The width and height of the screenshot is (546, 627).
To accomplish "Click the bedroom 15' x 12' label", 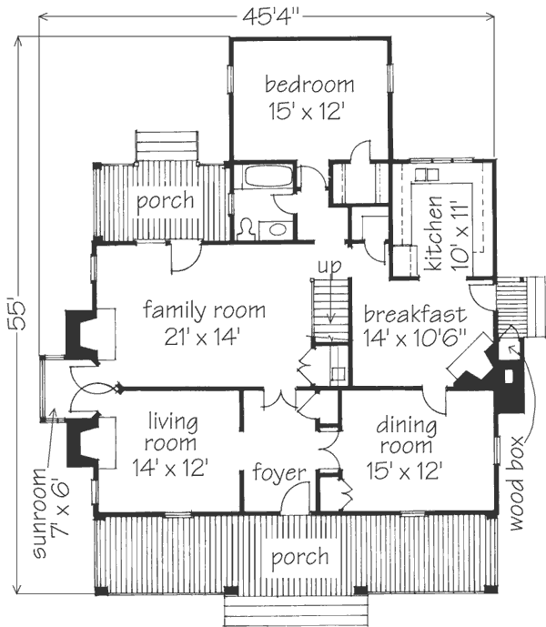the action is click(309, 99).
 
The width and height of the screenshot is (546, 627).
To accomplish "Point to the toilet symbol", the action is click(247, 229).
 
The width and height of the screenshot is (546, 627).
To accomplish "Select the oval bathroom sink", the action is click(278, 229).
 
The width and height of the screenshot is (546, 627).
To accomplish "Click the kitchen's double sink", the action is click(427, 175).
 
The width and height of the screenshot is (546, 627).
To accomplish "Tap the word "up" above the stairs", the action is click(330, 266).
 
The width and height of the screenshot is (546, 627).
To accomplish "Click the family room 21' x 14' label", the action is click(204, 323).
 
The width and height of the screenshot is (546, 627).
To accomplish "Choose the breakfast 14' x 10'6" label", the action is click(415, 327).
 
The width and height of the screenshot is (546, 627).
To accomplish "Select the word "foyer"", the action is click(278, 472).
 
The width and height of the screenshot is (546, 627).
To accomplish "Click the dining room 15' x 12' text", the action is click(405, 449).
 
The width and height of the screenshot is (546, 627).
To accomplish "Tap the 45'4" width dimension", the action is click(271, 17).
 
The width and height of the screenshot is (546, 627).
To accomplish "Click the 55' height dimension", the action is click(17, 315).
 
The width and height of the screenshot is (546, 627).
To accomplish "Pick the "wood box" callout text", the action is click(516, 484).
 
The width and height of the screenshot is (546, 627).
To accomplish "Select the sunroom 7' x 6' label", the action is click(50, 513).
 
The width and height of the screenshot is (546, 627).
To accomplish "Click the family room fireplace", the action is click(82, 337).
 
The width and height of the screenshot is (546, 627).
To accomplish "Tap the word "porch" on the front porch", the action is click(300, 558).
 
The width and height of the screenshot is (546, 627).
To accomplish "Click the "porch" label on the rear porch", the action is click(166, 201).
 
